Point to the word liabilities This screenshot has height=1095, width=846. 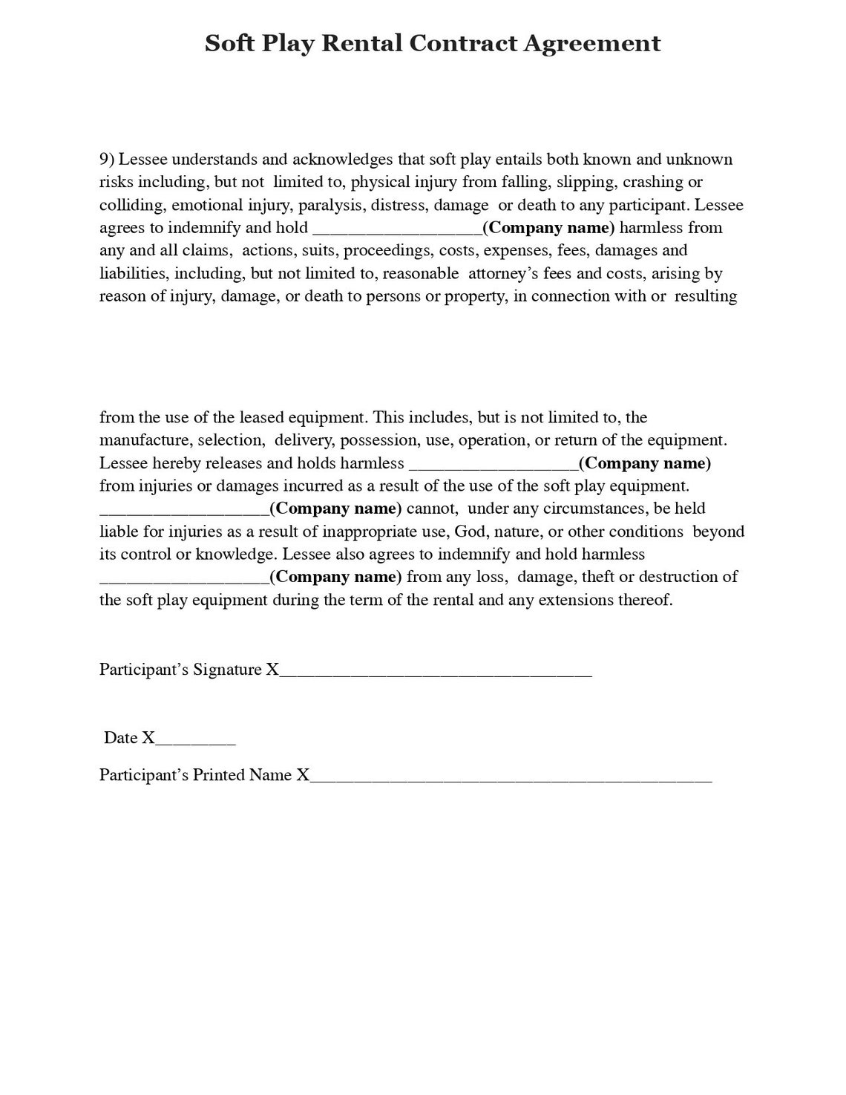point(133,273)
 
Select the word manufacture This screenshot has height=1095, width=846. point(145,440)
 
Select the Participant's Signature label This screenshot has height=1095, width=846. point(181,670)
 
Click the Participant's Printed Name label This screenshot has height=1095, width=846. point(196,775)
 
